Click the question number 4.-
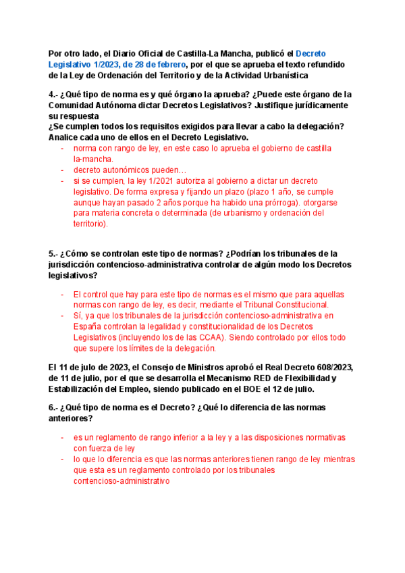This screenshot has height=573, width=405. pyautogui.click(x=55, y=95)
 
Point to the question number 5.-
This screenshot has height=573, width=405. pyautogui.click(x=55, y=253)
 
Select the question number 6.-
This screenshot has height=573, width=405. pyautogui.click(x=55, y=407)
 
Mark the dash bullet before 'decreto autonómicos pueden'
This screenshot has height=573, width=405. pyautogui.click(x=63, y=170)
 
